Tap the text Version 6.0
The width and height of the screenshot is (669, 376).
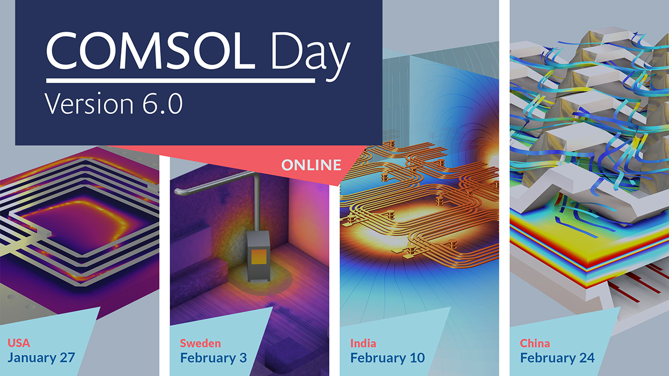click(x=114, y=103)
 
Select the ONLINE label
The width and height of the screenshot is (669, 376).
click(x=311, y=165)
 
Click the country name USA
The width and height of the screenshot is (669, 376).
click(x=18, y=343)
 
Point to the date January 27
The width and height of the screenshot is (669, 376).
click(x=41, y=357)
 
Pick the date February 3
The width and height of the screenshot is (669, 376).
click(x=214, y=358)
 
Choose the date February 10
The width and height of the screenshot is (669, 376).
click(x=387, y=358)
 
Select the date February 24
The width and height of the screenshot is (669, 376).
click(x=557, y=358)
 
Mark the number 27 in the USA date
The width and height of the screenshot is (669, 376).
click(x=67, y=357)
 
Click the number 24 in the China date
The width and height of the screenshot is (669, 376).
click(x=586, y=358)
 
